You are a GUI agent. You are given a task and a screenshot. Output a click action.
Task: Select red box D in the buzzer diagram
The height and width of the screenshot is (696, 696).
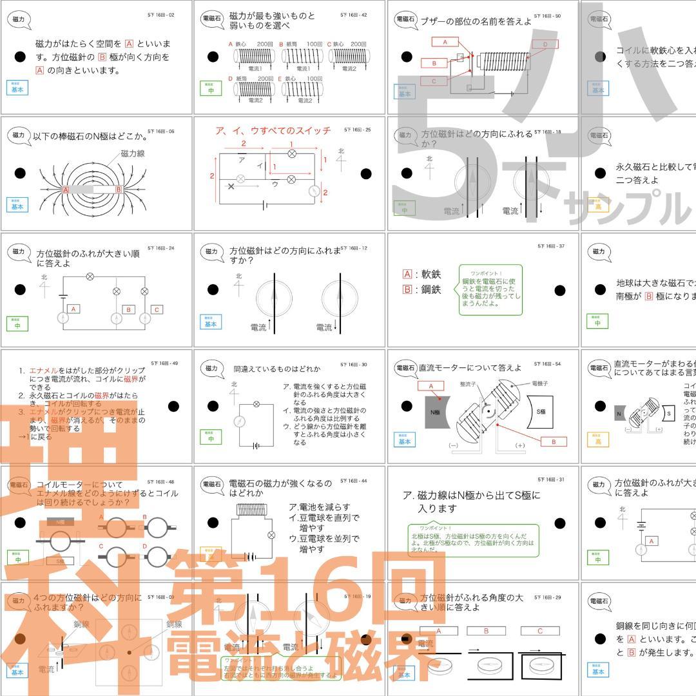pos(545,44)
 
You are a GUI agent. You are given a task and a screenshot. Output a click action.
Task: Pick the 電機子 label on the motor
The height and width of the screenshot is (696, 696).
pos(540,383)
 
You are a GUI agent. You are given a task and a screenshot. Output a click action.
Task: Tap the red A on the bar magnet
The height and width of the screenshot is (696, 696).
pos(66,190)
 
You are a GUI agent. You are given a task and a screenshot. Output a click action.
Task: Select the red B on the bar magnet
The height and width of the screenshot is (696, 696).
pos(119,190)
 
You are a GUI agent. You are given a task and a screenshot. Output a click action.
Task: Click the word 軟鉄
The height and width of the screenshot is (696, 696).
pos(431,274)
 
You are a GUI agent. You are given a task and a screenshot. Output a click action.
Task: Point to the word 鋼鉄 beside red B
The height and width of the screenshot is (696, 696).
pos(431,289)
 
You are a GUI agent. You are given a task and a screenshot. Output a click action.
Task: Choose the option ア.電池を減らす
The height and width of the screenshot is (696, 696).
pos(320,507)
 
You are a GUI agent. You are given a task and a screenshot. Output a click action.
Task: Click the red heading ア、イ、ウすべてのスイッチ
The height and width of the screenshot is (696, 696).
pos(273,131)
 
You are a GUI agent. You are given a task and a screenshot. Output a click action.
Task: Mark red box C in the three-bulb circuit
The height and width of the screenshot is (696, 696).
pos(157,310)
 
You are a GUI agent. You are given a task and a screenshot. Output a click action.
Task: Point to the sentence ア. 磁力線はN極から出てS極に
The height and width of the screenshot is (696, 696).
pos(471,495)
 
